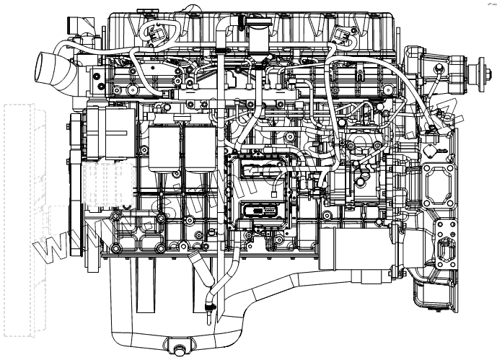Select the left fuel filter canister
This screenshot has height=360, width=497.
click(x=164, y=147)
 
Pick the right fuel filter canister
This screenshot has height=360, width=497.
click(x=200, y=148)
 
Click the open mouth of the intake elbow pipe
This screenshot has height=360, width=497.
click(x=42, y=69)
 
